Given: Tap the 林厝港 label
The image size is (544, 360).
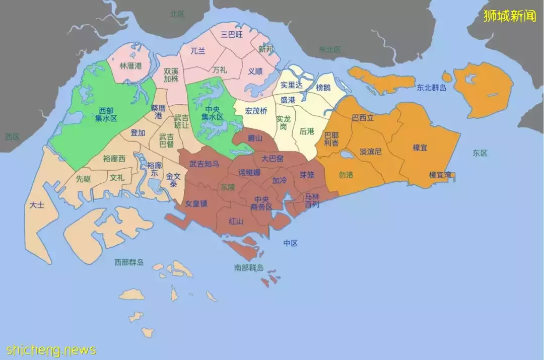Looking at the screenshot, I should pyautogui.click(x=130, y=66).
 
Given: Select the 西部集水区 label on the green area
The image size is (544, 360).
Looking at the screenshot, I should pyautogui.click(x=106, y=114).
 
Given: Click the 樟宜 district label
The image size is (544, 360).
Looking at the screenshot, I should pyautogui.click(x=420, y=148).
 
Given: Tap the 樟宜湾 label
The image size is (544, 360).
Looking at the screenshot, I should pyautogui.click(x=440, y=175).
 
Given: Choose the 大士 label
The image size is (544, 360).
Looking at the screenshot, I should pyautogui.click(x=36, y=205).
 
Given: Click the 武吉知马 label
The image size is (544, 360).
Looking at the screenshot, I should pyautogui.click(x=204, y=164).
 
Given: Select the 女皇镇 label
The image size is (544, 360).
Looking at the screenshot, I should pyautogui.click(x=196, y=204).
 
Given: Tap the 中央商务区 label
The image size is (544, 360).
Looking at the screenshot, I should pyautogui.click(x=262, y=203).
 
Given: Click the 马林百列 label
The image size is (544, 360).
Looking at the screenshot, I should pyautogui.click(x=312, y=200).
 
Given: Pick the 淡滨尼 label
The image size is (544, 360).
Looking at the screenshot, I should pyautogui.click(x=371, y=151).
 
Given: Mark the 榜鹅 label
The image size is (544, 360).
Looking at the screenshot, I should pyautogui.click(x=323, y=87).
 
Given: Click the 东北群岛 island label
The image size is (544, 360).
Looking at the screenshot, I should pyautogui.click(x=432, y=88).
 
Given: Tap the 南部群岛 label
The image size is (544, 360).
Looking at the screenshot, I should pyautogui.click(x=249, y=268).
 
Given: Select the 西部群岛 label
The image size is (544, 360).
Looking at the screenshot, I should pyautogui.click(x=129, y=262).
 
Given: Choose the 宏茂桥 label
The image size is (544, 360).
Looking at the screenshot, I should pyautogui.click(x=256, y=111).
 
